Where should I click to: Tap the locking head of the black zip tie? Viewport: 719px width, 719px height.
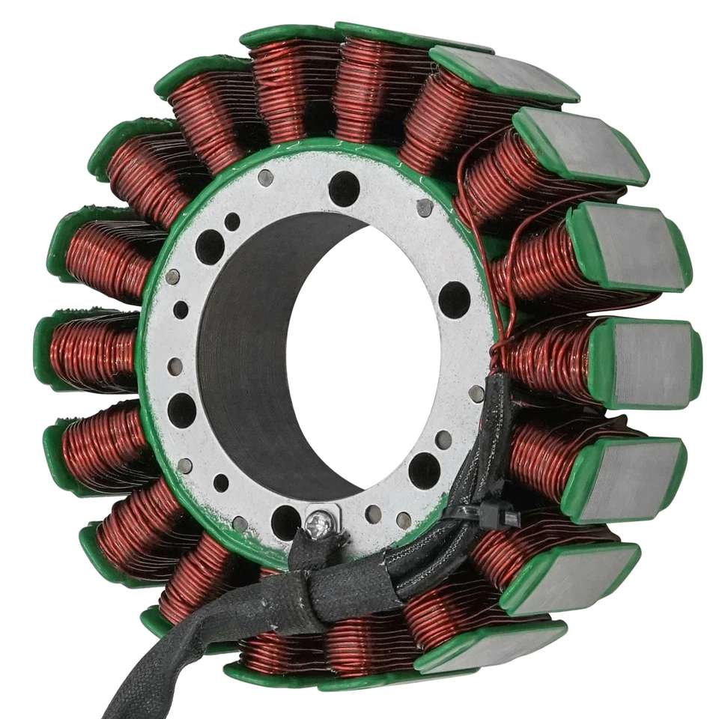500,516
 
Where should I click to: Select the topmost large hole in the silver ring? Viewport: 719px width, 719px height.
344,188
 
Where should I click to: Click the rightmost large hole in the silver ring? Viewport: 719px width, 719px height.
454,300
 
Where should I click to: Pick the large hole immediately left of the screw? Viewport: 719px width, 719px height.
285,521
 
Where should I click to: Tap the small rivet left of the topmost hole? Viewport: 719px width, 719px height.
265,178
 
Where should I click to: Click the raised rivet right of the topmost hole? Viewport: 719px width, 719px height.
425,206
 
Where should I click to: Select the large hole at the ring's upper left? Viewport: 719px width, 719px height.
210,246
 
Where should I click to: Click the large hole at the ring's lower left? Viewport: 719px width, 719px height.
181,410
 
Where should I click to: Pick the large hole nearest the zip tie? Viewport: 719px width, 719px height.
424,470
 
